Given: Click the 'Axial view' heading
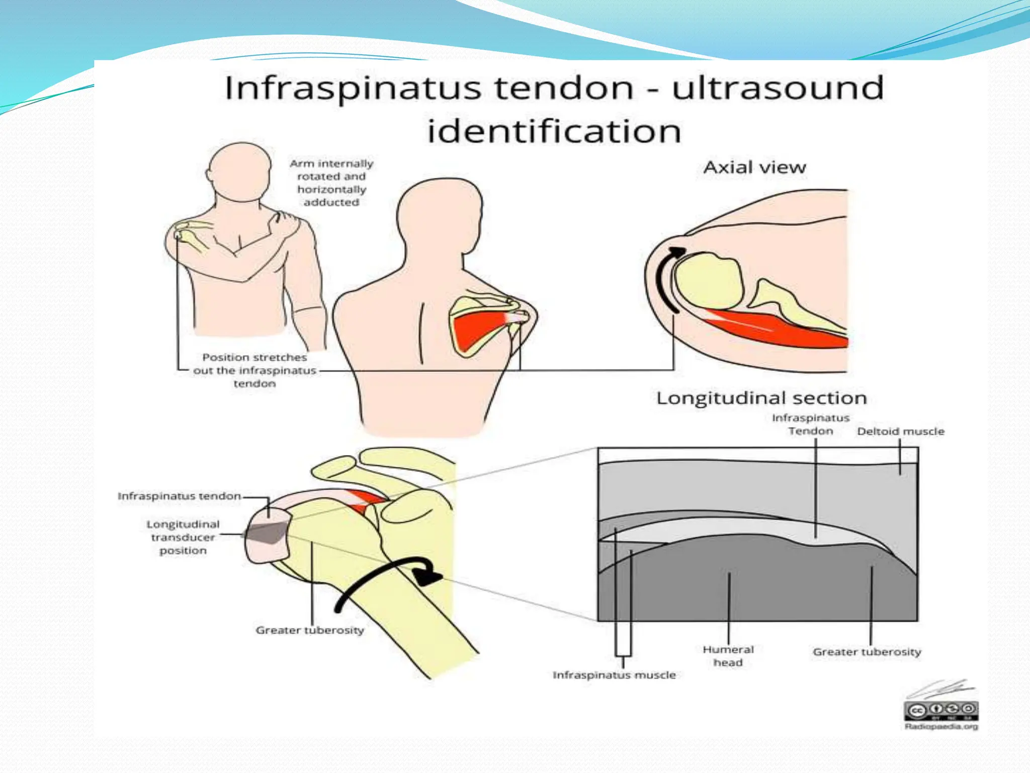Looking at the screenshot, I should tap(754, 167).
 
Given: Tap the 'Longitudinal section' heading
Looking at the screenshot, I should tap(761, 398).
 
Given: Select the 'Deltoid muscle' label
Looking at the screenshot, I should tap(900, 431).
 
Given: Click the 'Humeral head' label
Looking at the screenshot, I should tap(728, 656).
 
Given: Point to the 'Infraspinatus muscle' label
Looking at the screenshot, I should tap(614, 675).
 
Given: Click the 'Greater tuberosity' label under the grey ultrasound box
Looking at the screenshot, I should tap(867, 652).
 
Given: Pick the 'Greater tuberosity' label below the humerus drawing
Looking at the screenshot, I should tap(310, 630).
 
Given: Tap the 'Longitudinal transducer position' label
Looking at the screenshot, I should tap(183, 537).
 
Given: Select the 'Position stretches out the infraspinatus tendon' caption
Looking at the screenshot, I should tap(254, 370).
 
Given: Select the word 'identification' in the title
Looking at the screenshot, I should tap(554, 131).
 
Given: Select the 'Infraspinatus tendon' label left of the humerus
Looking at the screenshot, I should tap(179, 496).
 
